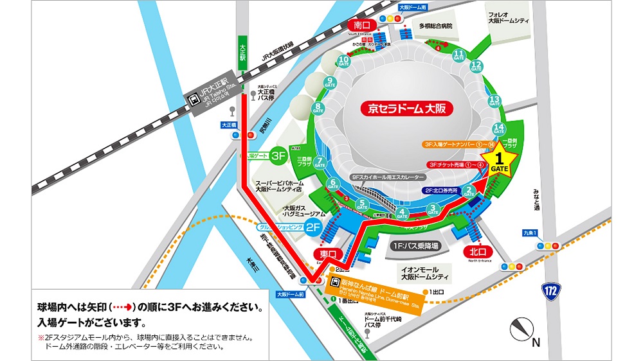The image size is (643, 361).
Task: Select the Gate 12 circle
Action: (x=476, y=66)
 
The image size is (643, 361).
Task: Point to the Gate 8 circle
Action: (x=318, y=109)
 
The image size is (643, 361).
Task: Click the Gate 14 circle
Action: (x=498, y=128)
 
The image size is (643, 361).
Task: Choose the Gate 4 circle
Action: (x=403, y=213)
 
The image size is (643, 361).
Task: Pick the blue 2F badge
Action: (x=312, y=227)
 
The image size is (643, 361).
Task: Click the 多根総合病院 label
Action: (x=436, y=27)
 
